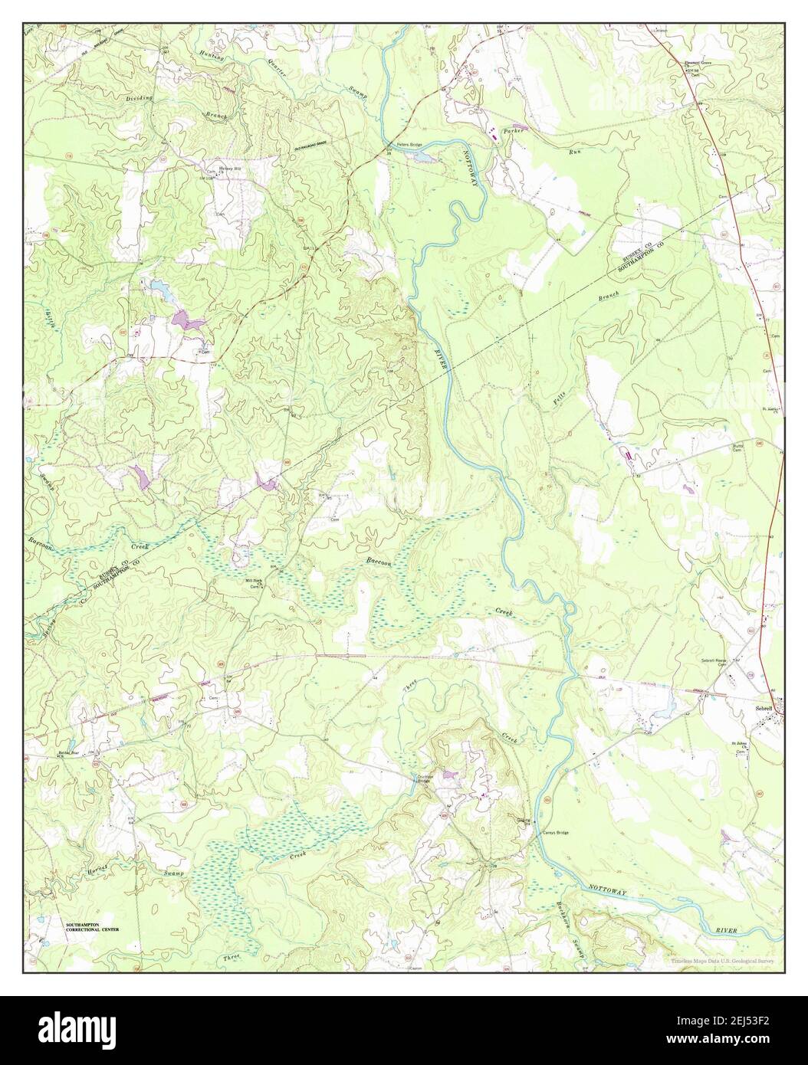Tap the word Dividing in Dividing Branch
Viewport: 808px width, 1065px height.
tap(140, 99)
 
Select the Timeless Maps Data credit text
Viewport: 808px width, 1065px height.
tap(721, 960)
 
